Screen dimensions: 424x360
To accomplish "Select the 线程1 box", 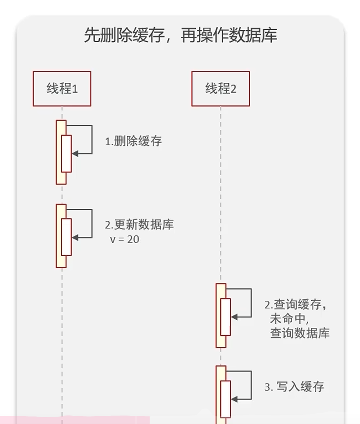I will (62, 89).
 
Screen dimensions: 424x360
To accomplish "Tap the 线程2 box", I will (221, 89).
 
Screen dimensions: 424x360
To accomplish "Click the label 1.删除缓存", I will (134, 141).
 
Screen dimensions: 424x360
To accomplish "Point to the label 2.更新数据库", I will (139, 225).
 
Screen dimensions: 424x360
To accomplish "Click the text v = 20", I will (125, 239).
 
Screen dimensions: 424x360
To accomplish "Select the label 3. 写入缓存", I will (294, 386).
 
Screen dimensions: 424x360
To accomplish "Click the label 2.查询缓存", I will (297, 305).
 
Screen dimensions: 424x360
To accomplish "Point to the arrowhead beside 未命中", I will (234, 317).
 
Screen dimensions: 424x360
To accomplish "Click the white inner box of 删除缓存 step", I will (66, 154).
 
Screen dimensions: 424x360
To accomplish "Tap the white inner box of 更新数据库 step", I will (66, 237).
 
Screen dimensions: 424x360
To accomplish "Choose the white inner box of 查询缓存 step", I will (225, 317).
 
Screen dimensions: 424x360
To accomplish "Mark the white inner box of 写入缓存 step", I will (225, 399).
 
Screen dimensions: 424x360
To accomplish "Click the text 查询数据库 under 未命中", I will (300, 333).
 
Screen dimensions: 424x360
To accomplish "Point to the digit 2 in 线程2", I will (233, 89).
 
